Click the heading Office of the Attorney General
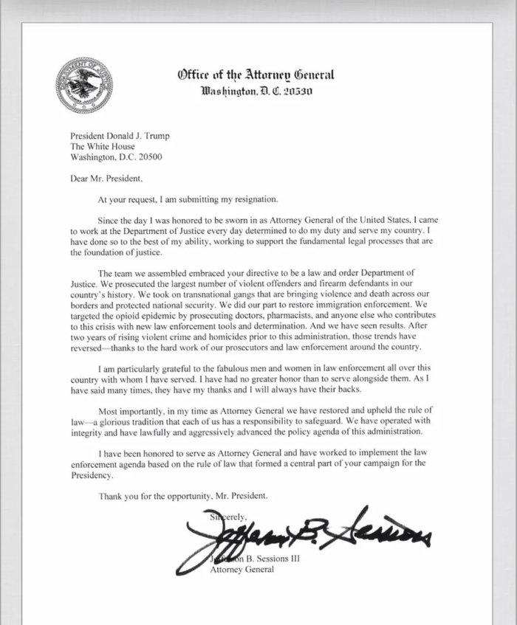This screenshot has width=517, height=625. [x=256, y=75]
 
